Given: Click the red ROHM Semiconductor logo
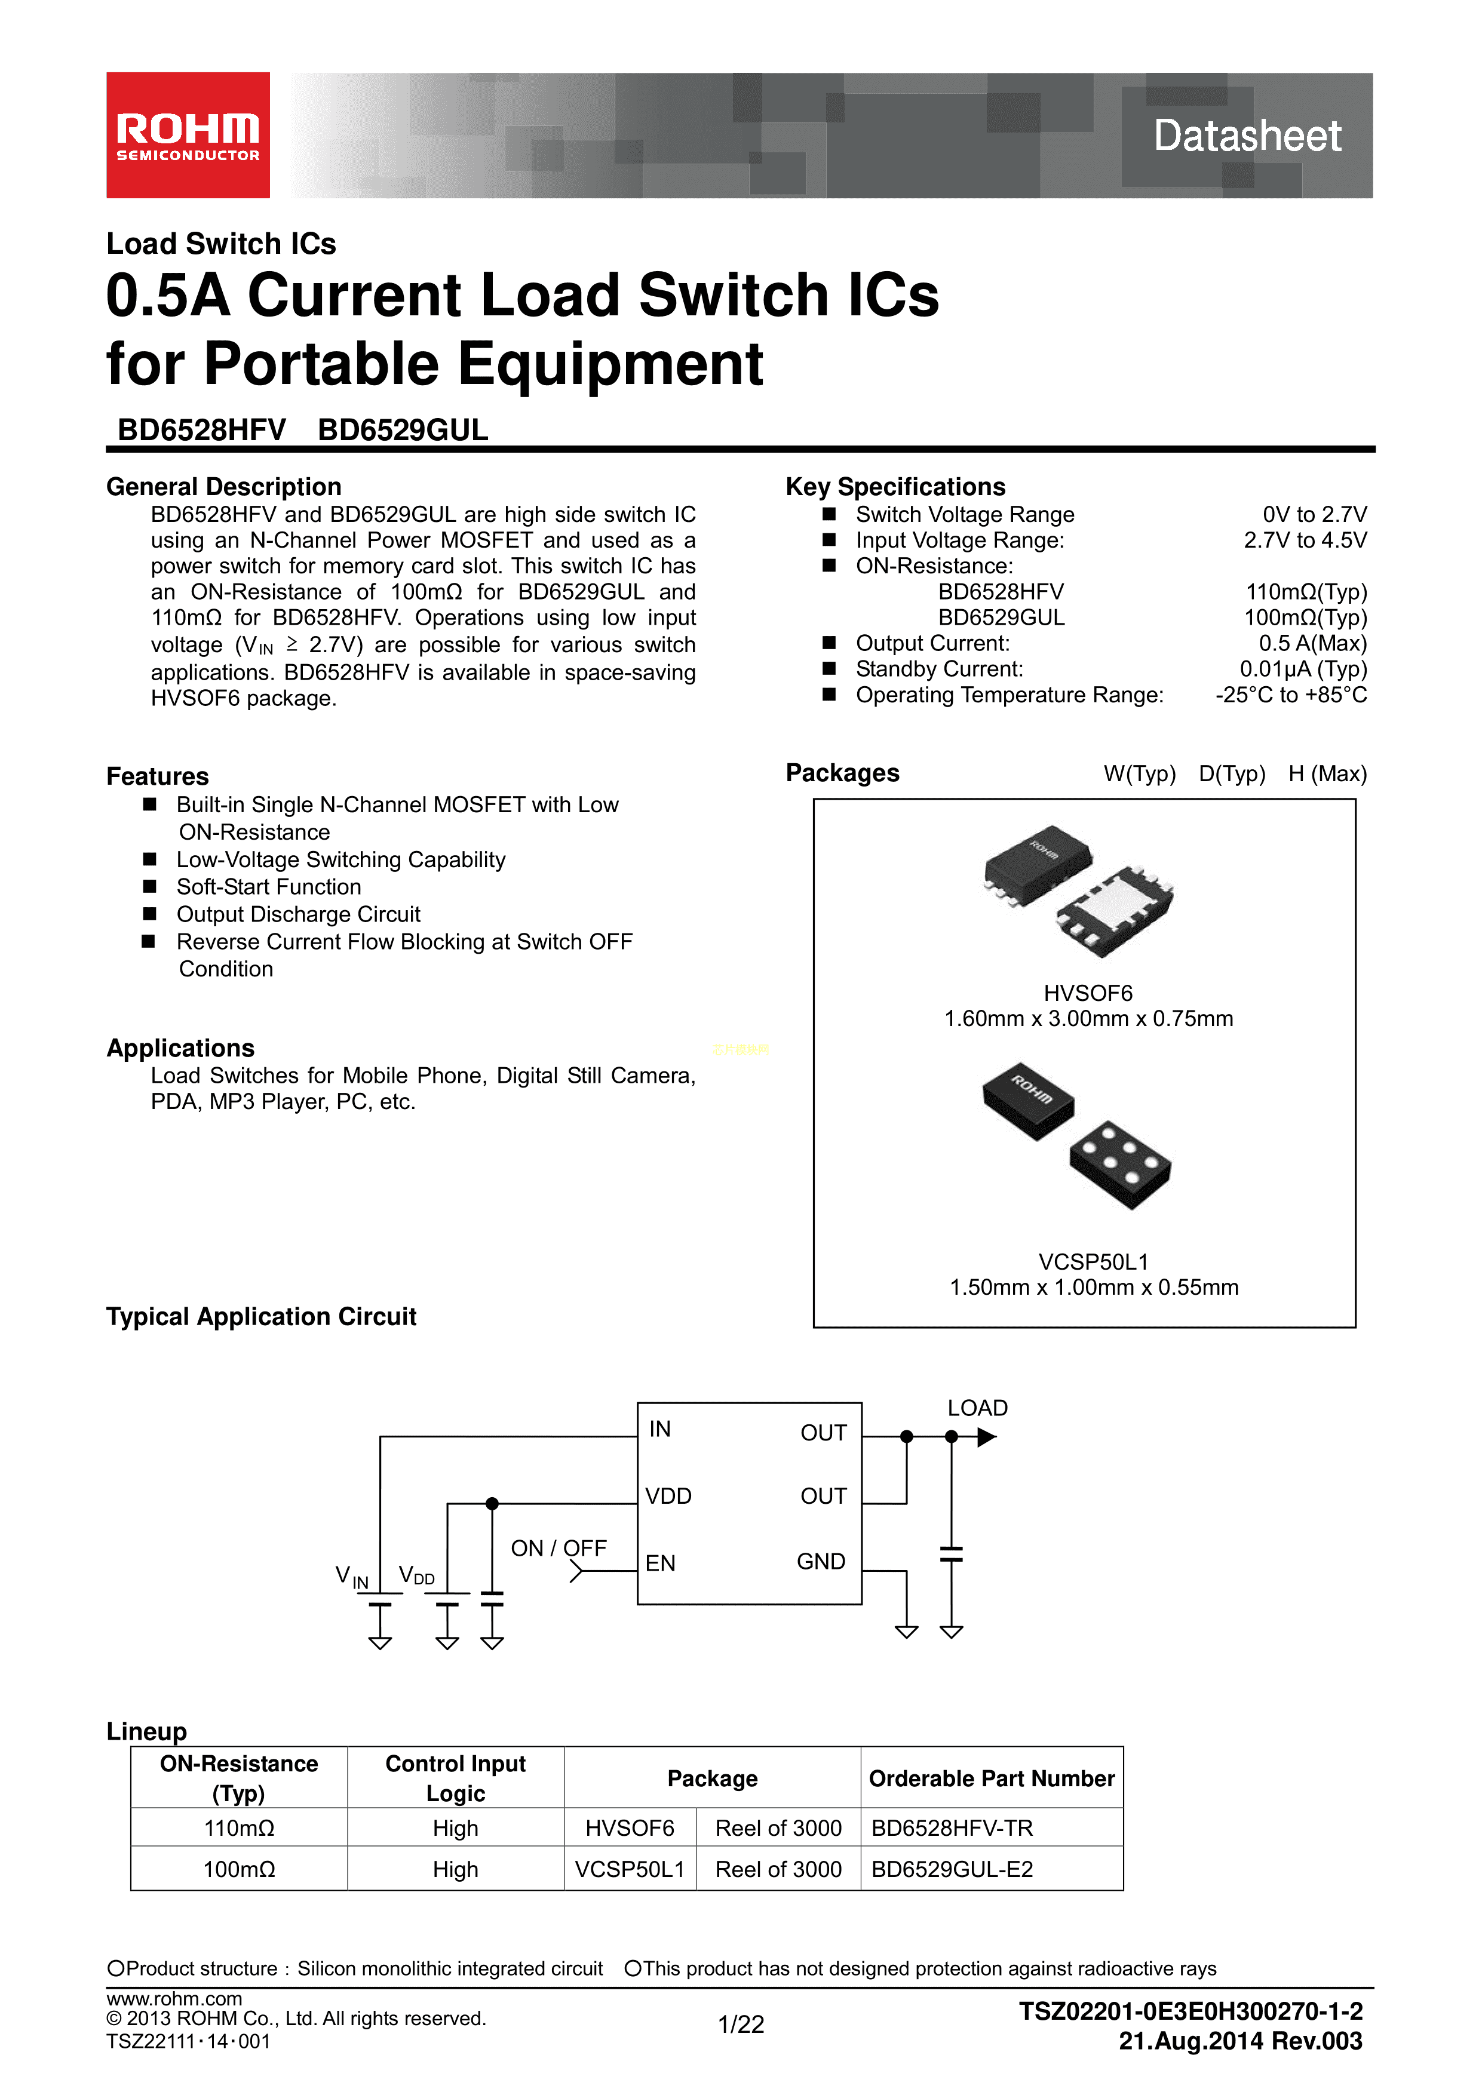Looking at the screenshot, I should click(188, 135).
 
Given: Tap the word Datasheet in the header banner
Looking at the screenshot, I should click(1247, 136).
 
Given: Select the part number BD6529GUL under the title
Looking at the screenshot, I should click(403, 430).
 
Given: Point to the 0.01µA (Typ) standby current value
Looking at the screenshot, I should click(1302, 669).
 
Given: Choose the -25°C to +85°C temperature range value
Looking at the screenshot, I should click(1290, 695).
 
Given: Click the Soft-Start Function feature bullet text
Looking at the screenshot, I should click(268, 887).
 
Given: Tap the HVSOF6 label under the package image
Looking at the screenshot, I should click(1088, 993).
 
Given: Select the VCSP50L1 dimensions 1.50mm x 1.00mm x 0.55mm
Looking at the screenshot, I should click(1093, 1288).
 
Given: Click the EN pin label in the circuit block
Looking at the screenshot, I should click(660, 1563).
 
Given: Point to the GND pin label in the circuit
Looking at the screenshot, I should click(820, 1561).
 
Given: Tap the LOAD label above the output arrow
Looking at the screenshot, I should click(977, 1408).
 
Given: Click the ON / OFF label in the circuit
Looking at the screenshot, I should click(559, 1549).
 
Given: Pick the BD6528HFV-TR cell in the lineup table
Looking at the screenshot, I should click(952, 1829).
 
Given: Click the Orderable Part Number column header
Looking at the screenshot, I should click(991, 1778).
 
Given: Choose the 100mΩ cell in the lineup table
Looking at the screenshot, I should click(238, 1870).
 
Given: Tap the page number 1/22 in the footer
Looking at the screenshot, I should click(740, 2025).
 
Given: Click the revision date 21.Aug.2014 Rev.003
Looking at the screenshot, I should click(1240, 2041).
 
